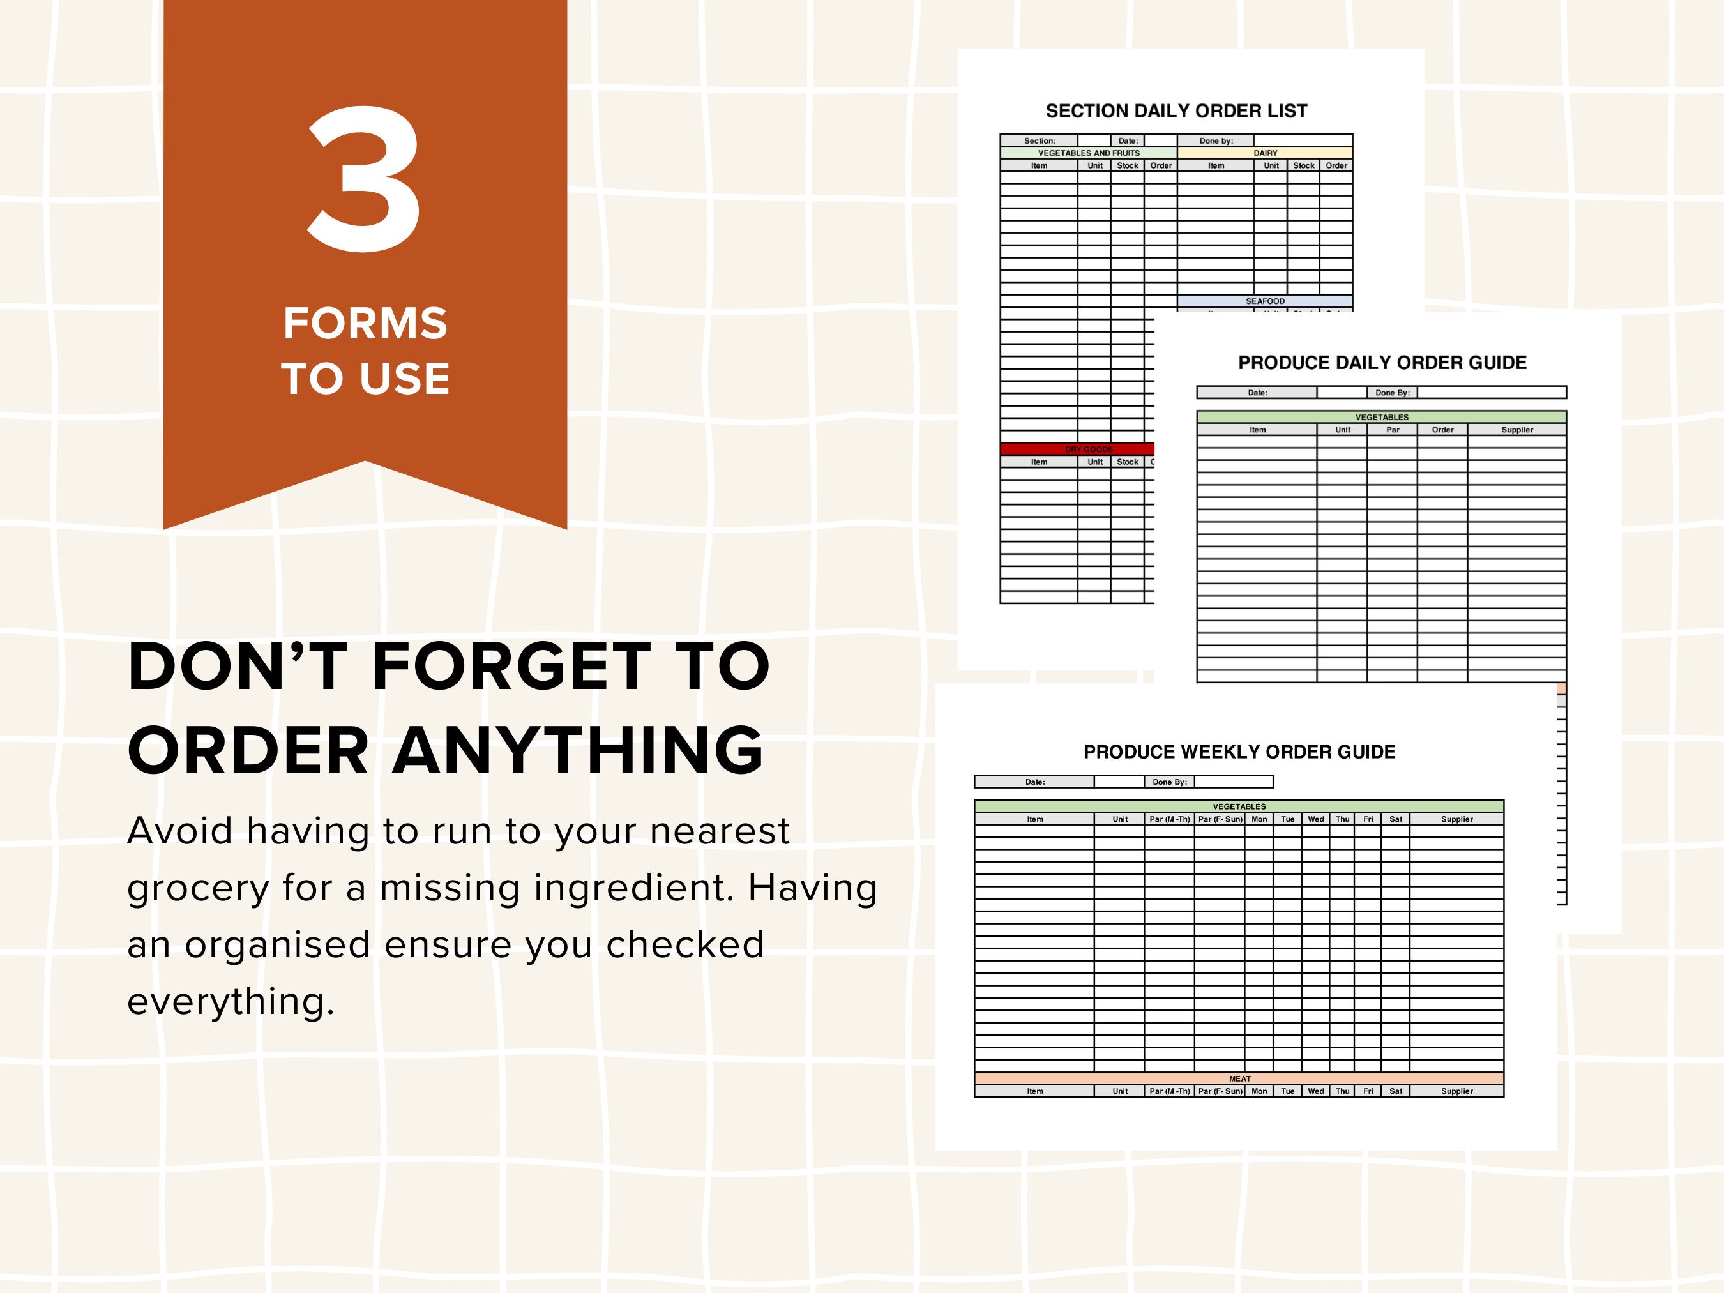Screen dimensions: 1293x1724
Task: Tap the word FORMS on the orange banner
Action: pyautogui.click(x=365, y=324)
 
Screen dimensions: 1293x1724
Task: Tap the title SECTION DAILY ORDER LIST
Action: pyautogui.click(x=1176, y=110)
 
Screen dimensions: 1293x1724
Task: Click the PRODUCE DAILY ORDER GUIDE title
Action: pyautogui.click(x=1382, y=363)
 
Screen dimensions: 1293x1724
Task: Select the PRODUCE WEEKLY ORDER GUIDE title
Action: pyautogui.click(x=1239, y=752)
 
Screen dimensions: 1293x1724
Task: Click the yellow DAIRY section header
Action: pyautogui.click(x=1265, y=153)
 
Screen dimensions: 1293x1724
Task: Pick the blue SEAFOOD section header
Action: pyautogui.click(x=1265, y=301)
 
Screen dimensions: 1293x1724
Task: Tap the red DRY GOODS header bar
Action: pyautogui.click(x=1088, y=449)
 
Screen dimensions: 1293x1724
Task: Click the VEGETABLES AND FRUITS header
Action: pyautogui.click(x=1088, y=153)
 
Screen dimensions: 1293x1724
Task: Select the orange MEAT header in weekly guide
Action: pyautogui.click(x=1239, y=1078)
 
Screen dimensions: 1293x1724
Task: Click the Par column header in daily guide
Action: pyautogui.click(x=1392, y=430)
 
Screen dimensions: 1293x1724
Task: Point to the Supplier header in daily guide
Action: pyautogui.click(x=1516, y=430)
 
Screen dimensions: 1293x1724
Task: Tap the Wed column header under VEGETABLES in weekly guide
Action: pyautogui.click(x=1315, y=819)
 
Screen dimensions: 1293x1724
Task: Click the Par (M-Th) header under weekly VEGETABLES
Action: pyautogui.click(x=1169, y=819)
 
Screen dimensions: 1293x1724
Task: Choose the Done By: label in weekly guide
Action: pyautogui.click(x=1169, y=782)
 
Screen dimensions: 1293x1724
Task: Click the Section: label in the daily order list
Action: pyautogui.click(x=1039, y=141)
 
